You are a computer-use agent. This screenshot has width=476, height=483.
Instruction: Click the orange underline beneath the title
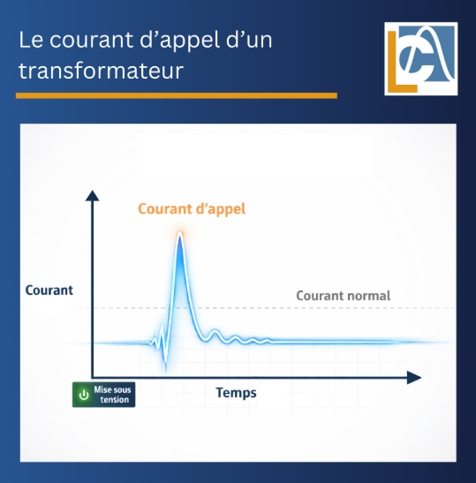pyautogui.click(x=177, y=95)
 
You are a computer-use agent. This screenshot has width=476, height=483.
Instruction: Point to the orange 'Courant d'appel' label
pyautogui.click(x=192, y=209)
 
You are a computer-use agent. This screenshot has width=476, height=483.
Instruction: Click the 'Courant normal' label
pyautogui.click(x=343, y=296)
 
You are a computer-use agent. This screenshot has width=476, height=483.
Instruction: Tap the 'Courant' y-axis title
pyautogui.click(x=49, y=290)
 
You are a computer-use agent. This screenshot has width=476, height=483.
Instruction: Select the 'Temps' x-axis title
pyautogui.click(x=236, y=392)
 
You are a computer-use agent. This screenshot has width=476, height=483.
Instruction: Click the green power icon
pyautogui.click(x=84, y=395)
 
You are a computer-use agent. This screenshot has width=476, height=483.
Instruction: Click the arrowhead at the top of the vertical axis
pyautogui.click(x=91, y=195)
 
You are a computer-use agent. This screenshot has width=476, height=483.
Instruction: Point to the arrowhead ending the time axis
pyautogui.click(x=414, y=378)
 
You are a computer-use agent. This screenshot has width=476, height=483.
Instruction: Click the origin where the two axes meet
pyautogui.click(x=91, y=378)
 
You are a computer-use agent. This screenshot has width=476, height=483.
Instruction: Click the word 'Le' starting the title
pyautogui.click(x=31, y=42)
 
